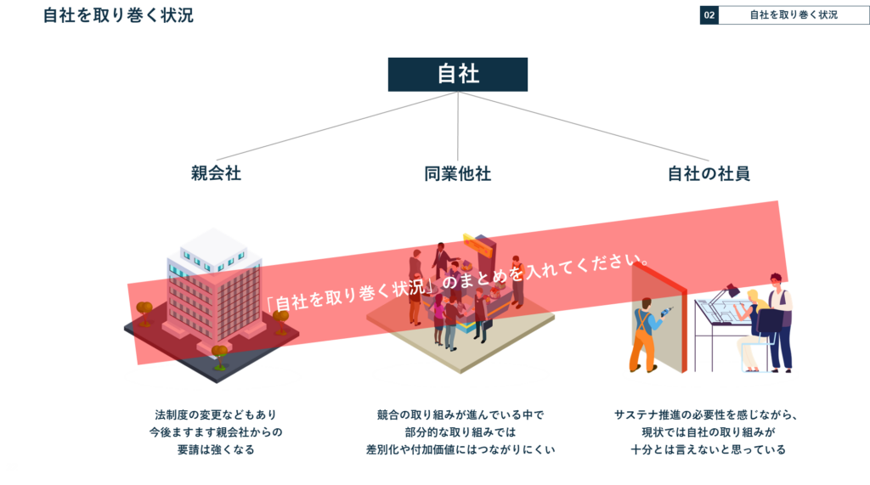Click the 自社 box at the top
pyautogui.click(x=458, y=74)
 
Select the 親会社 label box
pyautogui.click(x=216, y=173)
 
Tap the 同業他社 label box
pyautogui.click(x=457, y=173)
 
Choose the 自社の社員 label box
pyautogui.click(x=709, y=173)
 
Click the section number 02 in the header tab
pyautogui.click(x=709, y=15)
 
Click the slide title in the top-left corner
pyautogui.click(x=118, y=15)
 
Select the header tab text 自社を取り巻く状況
pyautogui.click(x=793, y=15)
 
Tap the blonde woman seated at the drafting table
pyautogui.click(x=752, y=327)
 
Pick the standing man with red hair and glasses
pyautogui.click(x=779, y=319)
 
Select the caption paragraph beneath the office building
pyautogui.click(x=216, y=431)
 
